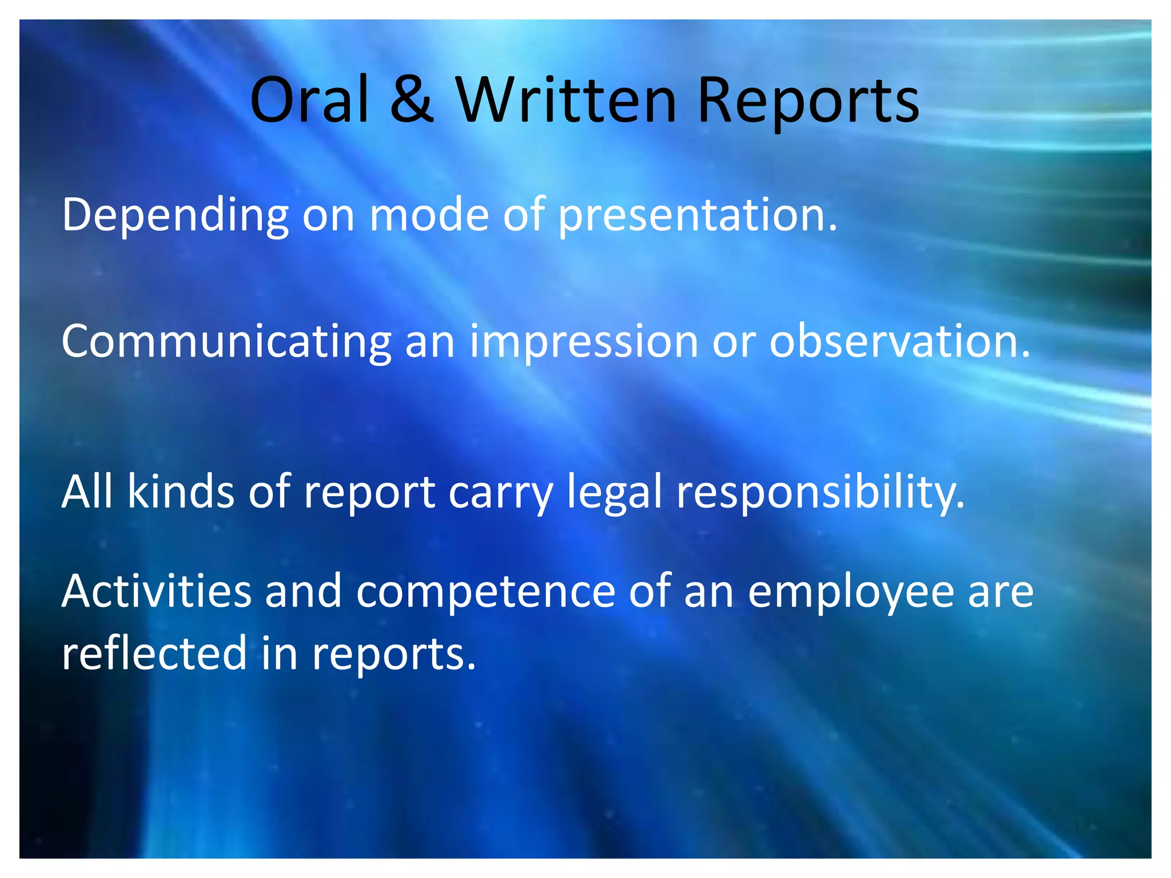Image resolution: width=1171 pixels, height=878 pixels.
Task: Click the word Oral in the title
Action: pyautogui.click(x=309, y=101)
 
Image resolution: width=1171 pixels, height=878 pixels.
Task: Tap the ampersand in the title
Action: pyautogui.click(x=412, y=101)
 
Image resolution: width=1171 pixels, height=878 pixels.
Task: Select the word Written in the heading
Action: pyautogui.click(x=566, y=101)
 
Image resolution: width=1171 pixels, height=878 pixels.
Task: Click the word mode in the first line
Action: pyautogui.click(x=429, y=215)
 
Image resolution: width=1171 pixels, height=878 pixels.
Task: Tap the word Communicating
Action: pyautogui.click(x=226, y=342)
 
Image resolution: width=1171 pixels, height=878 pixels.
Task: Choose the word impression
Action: pyautogui.click(x=584, y=342)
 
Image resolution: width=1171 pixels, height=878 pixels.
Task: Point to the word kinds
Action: pyautogui.click(x=181, y=491)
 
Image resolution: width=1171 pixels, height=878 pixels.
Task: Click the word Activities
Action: pyautogui.click(x=156, y=591)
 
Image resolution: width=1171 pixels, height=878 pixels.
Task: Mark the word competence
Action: pyautogui.click(x=485, y=592)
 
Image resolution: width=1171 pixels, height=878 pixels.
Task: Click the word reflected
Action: pyautogui.click(x=154, y=653)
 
